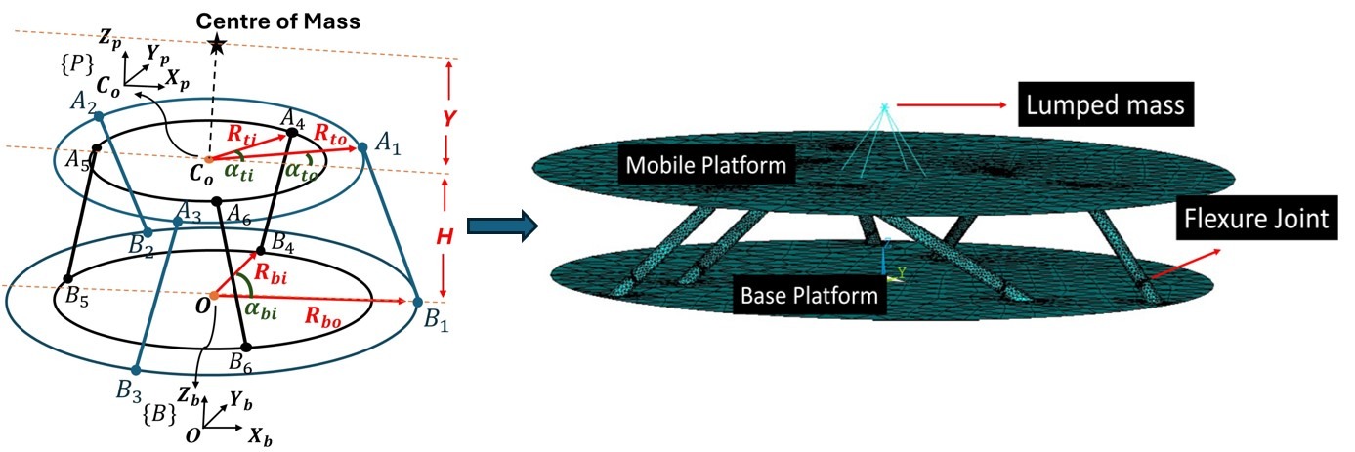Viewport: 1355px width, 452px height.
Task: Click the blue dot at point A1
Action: tap(363, 146)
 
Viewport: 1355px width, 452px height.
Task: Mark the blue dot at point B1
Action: tap(419, 302)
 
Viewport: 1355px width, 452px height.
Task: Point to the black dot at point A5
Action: tap(96, 149)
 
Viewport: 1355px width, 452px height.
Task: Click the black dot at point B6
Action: tap(246, 346)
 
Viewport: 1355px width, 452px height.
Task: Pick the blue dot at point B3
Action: tap(137, 371)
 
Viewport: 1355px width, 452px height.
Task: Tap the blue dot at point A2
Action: tap(100, 117)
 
